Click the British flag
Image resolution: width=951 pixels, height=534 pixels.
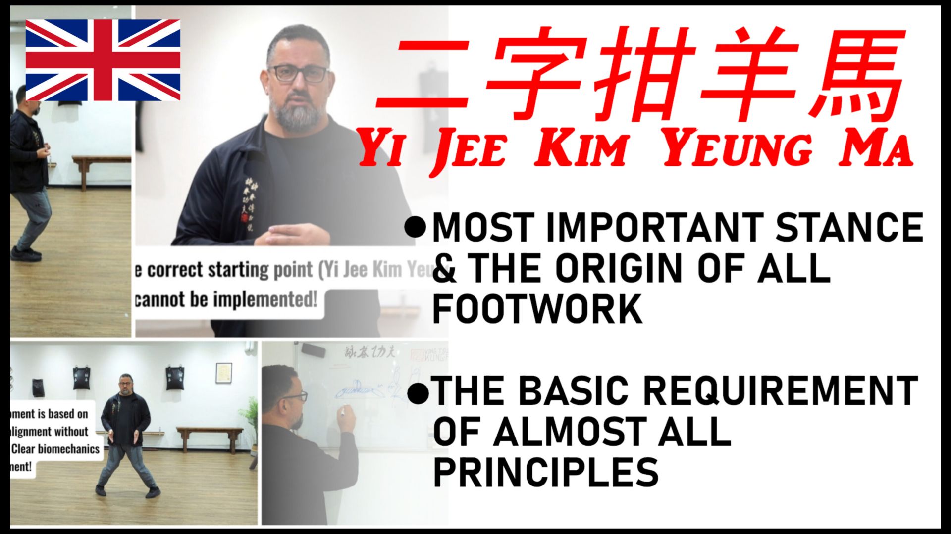103,60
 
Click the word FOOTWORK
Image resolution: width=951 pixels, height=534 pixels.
537,310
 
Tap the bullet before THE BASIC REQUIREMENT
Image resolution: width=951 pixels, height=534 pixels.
418,393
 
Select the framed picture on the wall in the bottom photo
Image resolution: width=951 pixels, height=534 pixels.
224,373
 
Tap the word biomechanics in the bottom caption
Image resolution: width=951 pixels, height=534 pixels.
69,449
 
